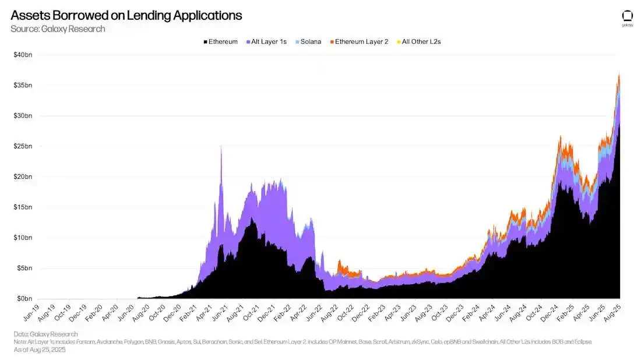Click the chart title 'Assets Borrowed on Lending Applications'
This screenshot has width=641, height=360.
(126, 16)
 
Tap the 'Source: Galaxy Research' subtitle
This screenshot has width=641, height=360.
(58, 29)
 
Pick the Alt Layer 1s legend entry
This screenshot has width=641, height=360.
(266, 42)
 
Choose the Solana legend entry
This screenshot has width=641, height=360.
(308, 42)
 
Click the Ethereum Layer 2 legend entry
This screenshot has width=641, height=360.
(359, 42)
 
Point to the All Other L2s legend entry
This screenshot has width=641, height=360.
(418, 42)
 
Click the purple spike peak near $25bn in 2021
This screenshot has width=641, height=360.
(221, 147)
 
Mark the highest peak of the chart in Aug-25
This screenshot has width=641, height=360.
(619, 75)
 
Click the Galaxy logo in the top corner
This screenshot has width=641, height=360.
(627, 18)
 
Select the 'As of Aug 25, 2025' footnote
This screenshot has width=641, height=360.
(40, 350)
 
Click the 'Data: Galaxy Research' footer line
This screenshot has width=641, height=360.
(45, 334)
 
